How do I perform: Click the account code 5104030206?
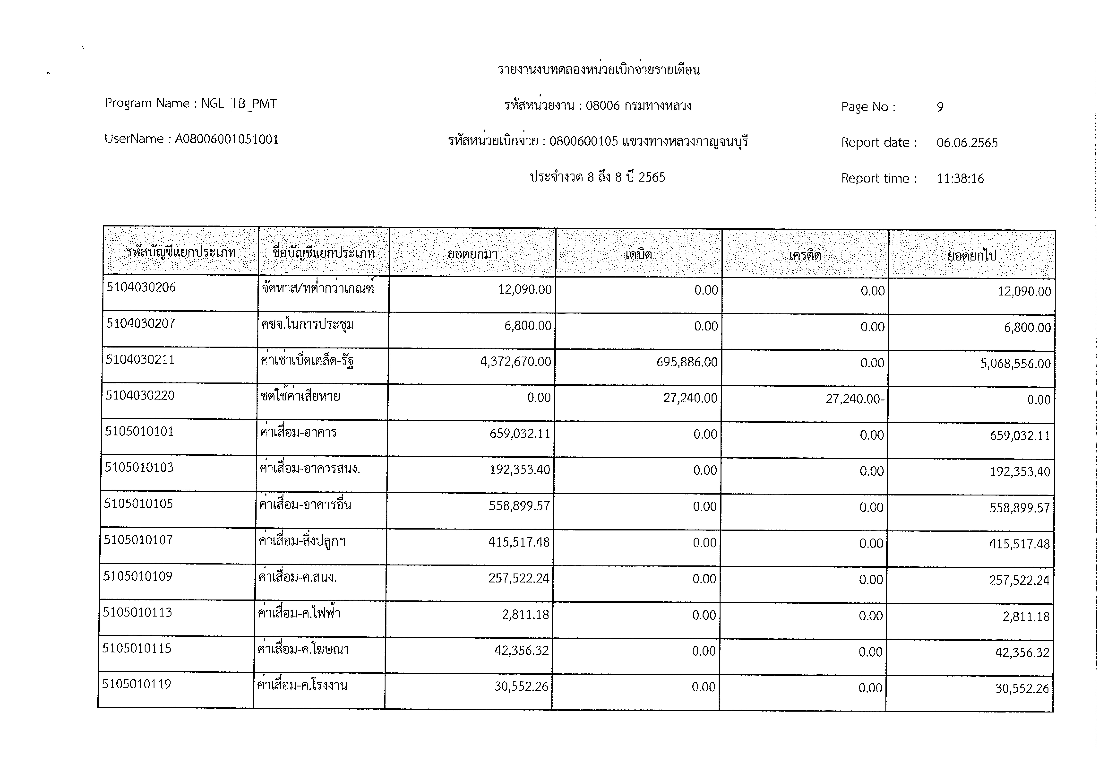point(141,287)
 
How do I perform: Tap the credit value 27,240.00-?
point(855,399)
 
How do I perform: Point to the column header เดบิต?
point(639,254)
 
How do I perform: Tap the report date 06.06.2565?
point(967,142)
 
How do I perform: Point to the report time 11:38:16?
point(960,179)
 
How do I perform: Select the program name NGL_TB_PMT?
point(239,104)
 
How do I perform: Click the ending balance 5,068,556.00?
point(1016,364)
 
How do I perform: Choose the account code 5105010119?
point(137,684)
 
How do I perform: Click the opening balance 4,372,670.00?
point(515,362)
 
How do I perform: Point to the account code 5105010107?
point(138,540)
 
